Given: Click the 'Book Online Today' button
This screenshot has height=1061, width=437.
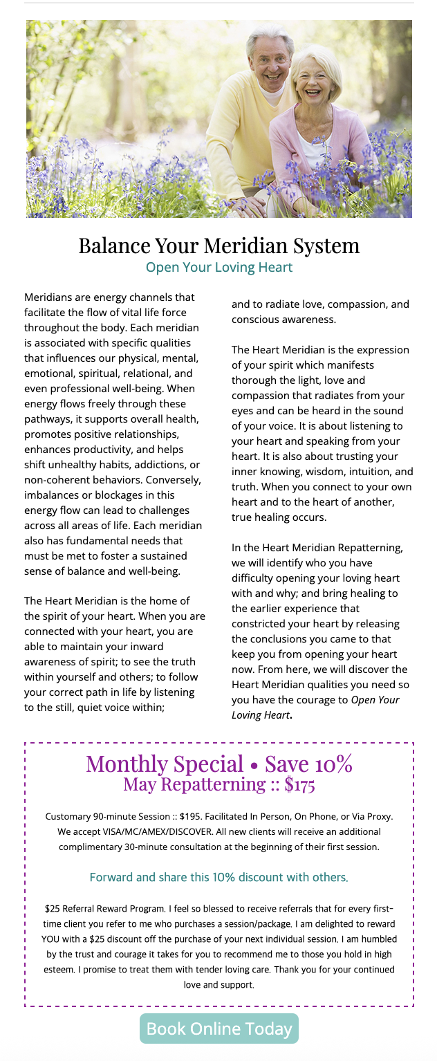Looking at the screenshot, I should click(x=218, y=1028).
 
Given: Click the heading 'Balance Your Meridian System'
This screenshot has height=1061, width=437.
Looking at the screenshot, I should click(x=218, y=246).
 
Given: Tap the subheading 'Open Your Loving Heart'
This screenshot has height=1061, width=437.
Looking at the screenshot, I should click(x=218, y=268).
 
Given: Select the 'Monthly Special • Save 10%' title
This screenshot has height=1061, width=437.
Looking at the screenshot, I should click(x=218, y=764).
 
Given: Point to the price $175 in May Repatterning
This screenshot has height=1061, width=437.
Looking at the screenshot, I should click(x=299, y=784).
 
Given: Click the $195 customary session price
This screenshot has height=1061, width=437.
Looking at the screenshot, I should click(x=191, y=817).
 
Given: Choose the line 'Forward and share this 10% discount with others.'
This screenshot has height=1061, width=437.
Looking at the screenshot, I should click(x=218, y=877).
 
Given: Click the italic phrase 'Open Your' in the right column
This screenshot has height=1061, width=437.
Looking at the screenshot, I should click(x=375, y=700).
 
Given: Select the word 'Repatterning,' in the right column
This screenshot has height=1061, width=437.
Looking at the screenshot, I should click(x=370, y=548).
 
